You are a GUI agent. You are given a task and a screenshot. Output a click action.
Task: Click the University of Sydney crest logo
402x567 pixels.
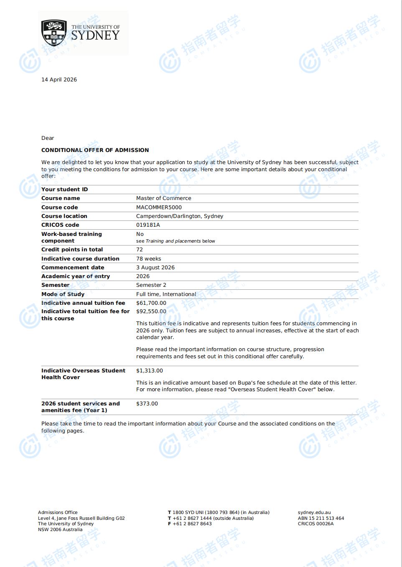(x=54, y=33)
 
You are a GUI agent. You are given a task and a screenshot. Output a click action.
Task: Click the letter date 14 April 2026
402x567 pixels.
(x=59, y=80)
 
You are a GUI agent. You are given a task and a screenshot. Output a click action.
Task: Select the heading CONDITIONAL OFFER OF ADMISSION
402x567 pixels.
(x=95, y=150)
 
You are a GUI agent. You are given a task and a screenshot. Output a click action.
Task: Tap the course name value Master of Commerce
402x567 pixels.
(x=163, y=198)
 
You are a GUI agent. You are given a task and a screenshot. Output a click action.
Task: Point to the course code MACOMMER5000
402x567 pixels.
(x=159, y=208)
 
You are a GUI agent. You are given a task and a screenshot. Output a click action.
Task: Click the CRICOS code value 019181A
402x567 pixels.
(x=148, y=225)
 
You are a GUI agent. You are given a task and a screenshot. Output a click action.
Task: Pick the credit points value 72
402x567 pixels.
(x=140, y=250)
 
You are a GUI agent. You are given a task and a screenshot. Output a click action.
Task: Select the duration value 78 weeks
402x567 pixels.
(x=148, y=259)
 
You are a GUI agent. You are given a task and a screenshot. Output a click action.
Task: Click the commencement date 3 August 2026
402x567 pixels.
(x=155, y=268)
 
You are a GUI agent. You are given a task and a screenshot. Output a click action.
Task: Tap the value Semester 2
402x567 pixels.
(x=151, y=285)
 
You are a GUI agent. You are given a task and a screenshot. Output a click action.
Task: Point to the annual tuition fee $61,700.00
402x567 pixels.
(x=151, y=303)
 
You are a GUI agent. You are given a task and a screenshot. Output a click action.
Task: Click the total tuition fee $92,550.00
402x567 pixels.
(x=151, y=311)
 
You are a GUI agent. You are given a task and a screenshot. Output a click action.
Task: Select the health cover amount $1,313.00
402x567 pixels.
(x=149, y=371)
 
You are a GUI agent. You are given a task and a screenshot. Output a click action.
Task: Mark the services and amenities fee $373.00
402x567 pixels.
(x=147, y=404)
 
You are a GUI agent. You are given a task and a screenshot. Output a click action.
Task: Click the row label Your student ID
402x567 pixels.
(x=64, y=190)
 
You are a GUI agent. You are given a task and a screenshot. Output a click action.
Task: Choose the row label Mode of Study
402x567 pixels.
(x=63, y=294)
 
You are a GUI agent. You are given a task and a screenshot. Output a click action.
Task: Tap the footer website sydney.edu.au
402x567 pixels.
(x=314, y=513)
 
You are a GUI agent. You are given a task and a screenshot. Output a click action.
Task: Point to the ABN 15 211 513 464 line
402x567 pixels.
(x=321, y=519)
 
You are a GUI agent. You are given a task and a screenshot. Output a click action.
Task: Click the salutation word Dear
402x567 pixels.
(x=48, y=138)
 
